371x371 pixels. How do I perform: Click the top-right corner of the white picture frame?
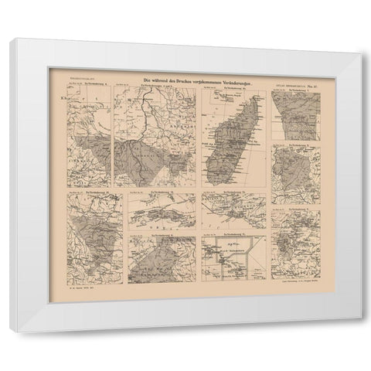[x=361, y=48]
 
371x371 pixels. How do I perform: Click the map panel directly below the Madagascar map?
[x=233, y=209]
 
